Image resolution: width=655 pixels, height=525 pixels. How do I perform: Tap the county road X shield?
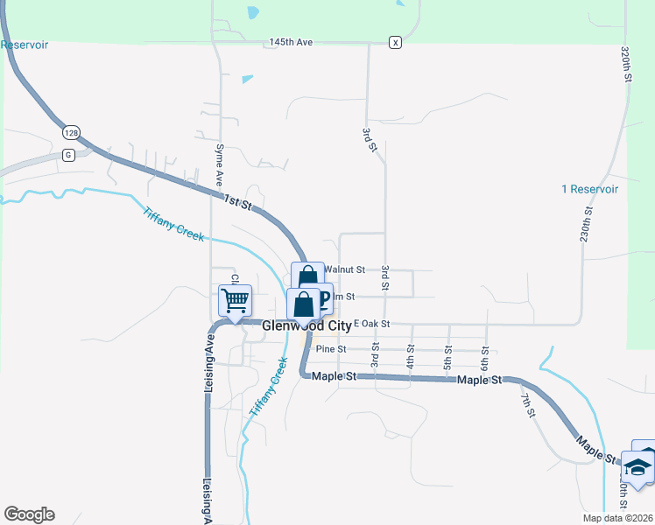[396, 42]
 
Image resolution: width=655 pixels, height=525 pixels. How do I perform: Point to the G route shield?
[67, 155]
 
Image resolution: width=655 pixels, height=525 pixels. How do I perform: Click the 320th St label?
[626, 65]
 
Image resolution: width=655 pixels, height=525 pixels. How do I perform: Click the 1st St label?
[237, 201]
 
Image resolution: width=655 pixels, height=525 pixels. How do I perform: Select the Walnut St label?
[344, 269]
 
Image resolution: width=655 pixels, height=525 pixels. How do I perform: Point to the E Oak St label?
[370, 324]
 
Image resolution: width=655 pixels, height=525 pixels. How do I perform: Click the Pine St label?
[331, 349]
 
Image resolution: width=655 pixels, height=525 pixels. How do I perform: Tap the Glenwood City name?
[306, 326]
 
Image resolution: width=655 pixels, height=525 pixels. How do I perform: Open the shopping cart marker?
[236, 300]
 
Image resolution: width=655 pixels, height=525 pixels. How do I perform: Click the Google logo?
[29, 514]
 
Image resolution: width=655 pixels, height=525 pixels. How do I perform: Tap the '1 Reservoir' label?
[589, 189]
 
